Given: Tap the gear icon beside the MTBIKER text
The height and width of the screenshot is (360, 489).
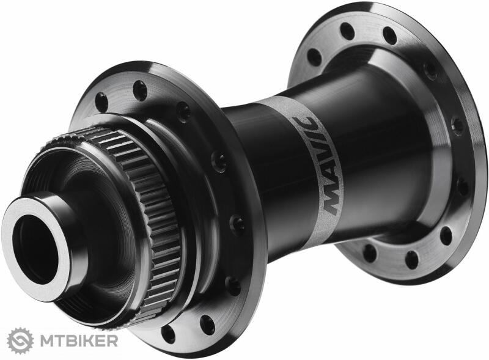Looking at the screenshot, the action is pyautogui.click(x=20, y=340).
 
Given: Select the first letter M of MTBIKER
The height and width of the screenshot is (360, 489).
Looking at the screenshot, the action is pyautogui.click(x=46, y=340).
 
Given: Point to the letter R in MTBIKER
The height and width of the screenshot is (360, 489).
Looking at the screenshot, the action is pyautogui.click(x=112, y=340).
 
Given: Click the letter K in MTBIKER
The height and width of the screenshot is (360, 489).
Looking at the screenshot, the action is pyautogui.click(x=89, y=340).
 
